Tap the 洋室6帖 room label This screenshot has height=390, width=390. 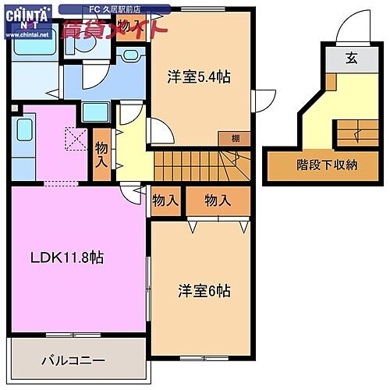(x=204, y=290)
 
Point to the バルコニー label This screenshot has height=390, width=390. (x=73, y=360)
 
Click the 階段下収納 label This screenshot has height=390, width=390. (x=328, y=165)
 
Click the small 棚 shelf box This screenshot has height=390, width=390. (x=235, y=138)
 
